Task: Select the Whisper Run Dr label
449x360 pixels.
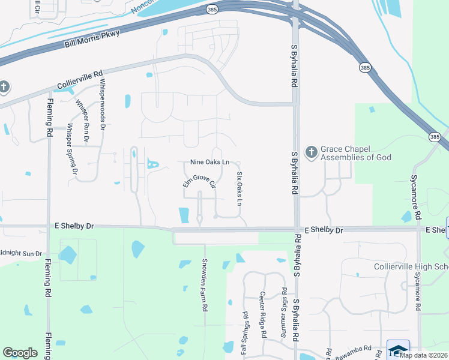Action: pos(82,120)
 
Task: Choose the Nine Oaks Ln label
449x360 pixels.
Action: pos(209,162)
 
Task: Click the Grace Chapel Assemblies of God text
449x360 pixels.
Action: pos(356,153)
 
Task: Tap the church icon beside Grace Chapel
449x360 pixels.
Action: pos(311,152)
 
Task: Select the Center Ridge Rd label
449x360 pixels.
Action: pos(263,315)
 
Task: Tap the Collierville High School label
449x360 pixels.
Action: pos(411,266)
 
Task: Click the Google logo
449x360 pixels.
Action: pos(20,353)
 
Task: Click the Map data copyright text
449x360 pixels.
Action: pos(424,355)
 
